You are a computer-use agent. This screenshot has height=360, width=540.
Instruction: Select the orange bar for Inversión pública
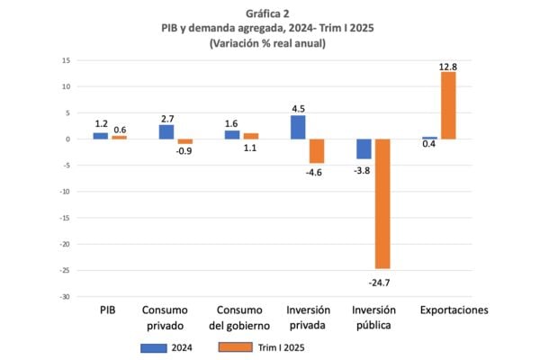(x=382, y=203)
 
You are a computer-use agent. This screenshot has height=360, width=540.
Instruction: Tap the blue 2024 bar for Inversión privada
(x=298, y=127)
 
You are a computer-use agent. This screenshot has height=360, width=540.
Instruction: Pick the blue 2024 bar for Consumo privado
(x=166, y=131)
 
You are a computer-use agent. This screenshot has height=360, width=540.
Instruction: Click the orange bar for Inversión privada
(x=317, y=151)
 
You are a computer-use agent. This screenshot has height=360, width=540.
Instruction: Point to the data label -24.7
(x=382, y=282)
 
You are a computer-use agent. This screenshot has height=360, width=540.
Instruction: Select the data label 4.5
(x=298, y=109)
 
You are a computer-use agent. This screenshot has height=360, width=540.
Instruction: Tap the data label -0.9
(x=184, y=150)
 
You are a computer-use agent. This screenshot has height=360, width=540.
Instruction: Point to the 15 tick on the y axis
(x=66, y=60)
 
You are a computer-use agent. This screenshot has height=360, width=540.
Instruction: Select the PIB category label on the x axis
(x=108, y=310)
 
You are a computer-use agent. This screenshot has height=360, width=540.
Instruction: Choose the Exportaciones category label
(x=454, y=310)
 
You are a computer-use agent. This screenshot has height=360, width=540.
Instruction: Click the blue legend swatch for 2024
(x=154, y=345)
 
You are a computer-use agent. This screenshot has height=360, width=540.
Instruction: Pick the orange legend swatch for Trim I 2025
(x=231, y=345)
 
